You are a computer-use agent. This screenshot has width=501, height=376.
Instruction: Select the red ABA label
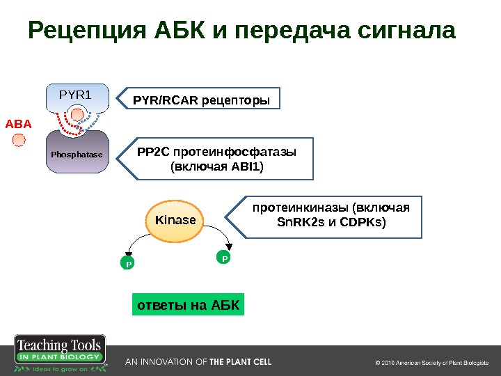pos(19,124)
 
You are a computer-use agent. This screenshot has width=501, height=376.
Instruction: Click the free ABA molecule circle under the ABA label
pos(19,141)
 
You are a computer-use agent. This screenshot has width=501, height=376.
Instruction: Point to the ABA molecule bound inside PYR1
pos(79,115)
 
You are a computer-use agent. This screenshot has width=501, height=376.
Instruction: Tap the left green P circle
pos(127,264)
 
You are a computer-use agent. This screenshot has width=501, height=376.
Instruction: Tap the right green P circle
pos(224,258)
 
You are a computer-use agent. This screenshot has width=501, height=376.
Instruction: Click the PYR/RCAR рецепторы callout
pos(201,100)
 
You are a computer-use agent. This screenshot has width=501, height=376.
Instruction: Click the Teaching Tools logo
pos(61,355)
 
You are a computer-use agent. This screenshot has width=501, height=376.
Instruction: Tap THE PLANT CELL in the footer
pos(241,362)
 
